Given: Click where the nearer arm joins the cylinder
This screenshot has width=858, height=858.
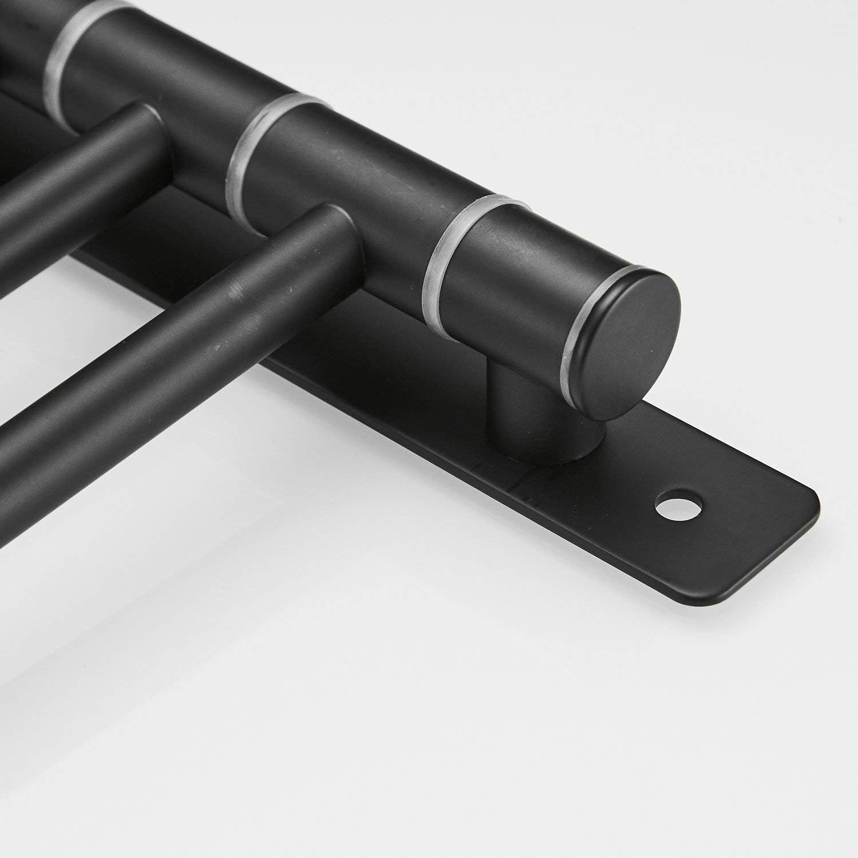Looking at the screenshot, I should tap(337, 240).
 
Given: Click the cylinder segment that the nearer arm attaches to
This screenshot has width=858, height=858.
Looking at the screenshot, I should tap(366, 189).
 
